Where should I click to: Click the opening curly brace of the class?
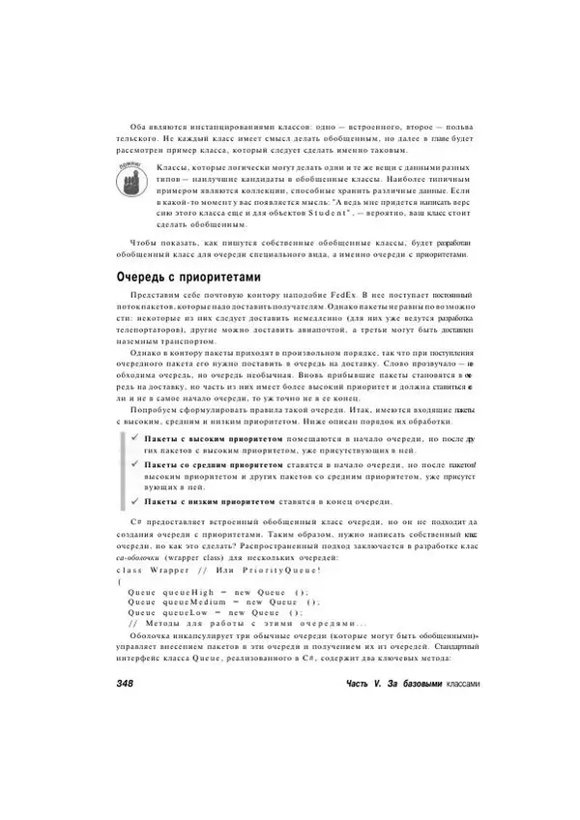pyautogui.click(x=117, y=581)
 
